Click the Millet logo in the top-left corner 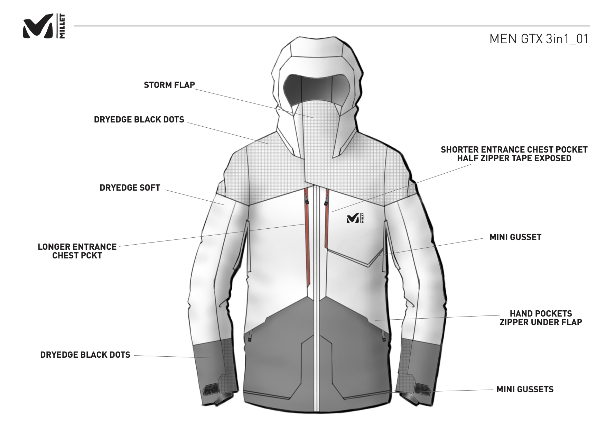click(x=43, y=26)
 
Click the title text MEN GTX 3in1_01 click(x=539, y=39)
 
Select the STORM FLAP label click(x=169, y=85)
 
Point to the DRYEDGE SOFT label click(x=130, y=188)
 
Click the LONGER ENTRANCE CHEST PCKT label click(x=77, y=251)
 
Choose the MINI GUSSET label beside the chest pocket click(x=515, y=237)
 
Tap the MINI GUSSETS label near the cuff click(x=525, y=389)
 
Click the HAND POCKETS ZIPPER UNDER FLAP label click(x=541, y=318)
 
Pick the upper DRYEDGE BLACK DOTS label click(x=139, y=119)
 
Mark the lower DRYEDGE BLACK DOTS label click(x=85, y=355)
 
